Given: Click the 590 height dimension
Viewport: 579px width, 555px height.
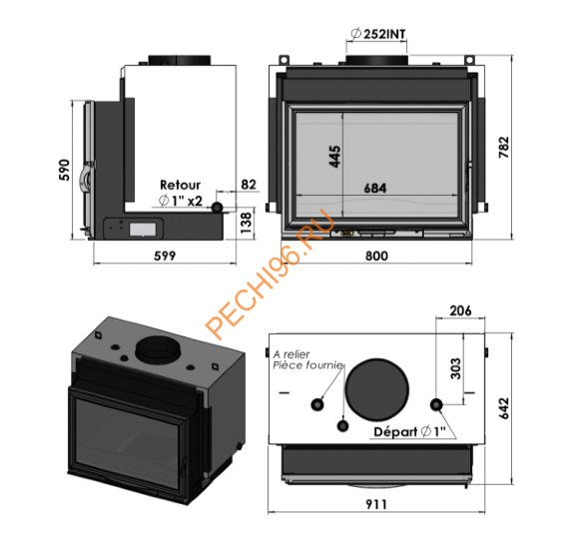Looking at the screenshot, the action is point(64,170).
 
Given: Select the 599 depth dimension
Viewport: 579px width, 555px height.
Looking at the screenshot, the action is point(165,256).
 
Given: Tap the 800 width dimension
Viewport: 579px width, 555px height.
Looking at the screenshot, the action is point(376,256).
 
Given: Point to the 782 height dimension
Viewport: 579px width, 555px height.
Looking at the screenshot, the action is point(504,147).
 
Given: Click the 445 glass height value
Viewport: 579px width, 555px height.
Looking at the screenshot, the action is point(334,157).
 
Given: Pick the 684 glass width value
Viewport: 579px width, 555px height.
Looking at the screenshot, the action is point(375,188).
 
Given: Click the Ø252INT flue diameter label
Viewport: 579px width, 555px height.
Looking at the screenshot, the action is point(377,34).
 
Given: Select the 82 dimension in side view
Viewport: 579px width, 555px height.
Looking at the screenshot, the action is point(249,185).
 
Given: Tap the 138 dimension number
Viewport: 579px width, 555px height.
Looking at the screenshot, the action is point(246,222).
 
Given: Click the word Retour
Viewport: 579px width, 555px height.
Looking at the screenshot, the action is point(181,185).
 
